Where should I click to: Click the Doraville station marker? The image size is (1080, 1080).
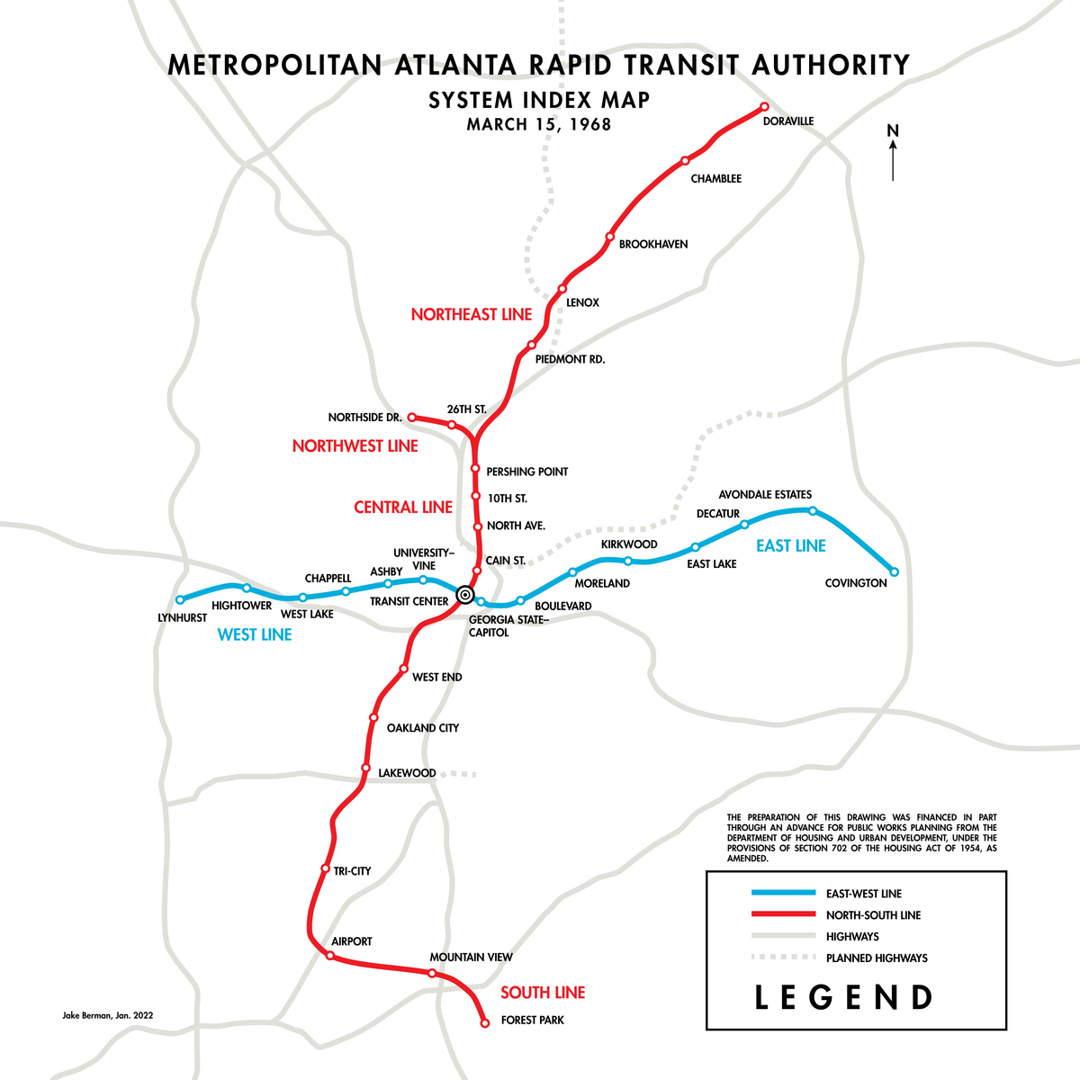[764, 106]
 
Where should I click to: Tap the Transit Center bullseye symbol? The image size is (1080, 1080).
[464, 594]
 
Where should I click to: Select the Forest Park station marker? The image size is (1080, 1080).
[485, 1023]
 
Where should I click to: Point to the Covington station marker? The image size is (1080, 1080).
[894, 571]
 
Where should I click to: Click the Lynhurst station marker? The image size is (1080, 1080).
[180, 599]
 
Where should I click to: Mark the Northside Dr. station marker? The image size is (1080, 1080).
[411, 417]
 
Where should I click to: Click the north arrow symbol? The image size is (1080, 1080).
[893, 153]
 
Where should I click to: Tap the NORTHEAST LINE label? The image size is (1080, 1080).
[472, 314]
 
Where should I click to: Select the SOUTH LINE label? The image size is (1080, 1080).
[543, 993]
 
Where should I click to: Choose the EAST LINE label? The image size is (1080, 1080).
[790, 545]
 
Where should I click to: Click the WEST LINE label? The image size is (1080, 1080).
[255, 634]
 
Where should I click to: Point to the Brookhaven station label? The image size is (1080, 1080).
[653, 244]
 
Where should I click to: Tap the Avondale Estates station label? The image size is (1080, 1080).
[765, 494]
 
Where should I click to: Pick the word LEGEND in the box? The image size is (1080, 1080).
[843, 997]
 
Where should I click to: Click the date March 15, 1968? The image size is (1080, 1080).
[539, 124]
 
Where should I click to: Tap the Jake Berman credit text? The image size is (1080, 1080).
[108, 1014]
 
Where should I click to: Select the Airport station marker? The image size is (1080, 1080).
[329, 955]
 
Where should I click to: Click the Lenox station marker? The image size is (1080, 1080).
[562, 289]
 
